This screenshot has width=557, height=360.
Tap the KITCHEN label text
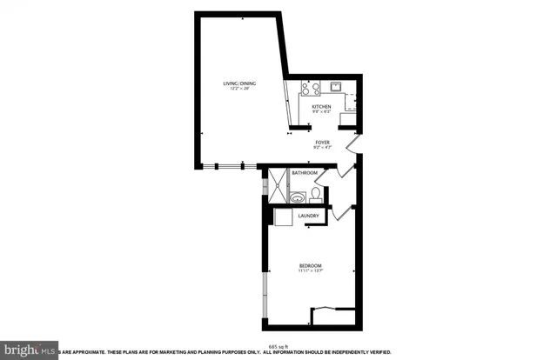click(x=322, y=106)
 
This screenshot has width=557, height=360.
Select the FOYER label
click(x=322, y=141)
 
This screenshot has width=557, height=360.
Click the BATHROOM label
click(x=304, y=173)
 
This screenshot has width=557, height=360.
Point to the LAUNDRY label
click(x=309, y=216)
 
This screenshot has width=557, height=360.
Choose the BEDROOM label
click(x=311, y=265)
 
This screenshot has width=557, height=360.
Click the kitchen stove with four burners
click(x=309, y=88)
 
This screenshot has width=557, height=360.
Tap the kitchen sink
click(x=335, y=87)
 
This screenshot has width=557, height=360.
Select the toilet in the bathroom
click(x=315, y=195)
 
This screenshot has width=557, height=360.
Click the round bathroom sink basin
click(x=298, y=197)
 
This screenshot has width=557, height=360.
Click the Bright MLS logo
click(x=29, y=350)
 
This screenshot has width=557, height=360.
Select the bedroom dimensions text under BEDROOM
click(x=311, y=271)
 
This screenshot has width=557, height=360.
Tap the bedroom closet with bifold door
click(x=333, y=316)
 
